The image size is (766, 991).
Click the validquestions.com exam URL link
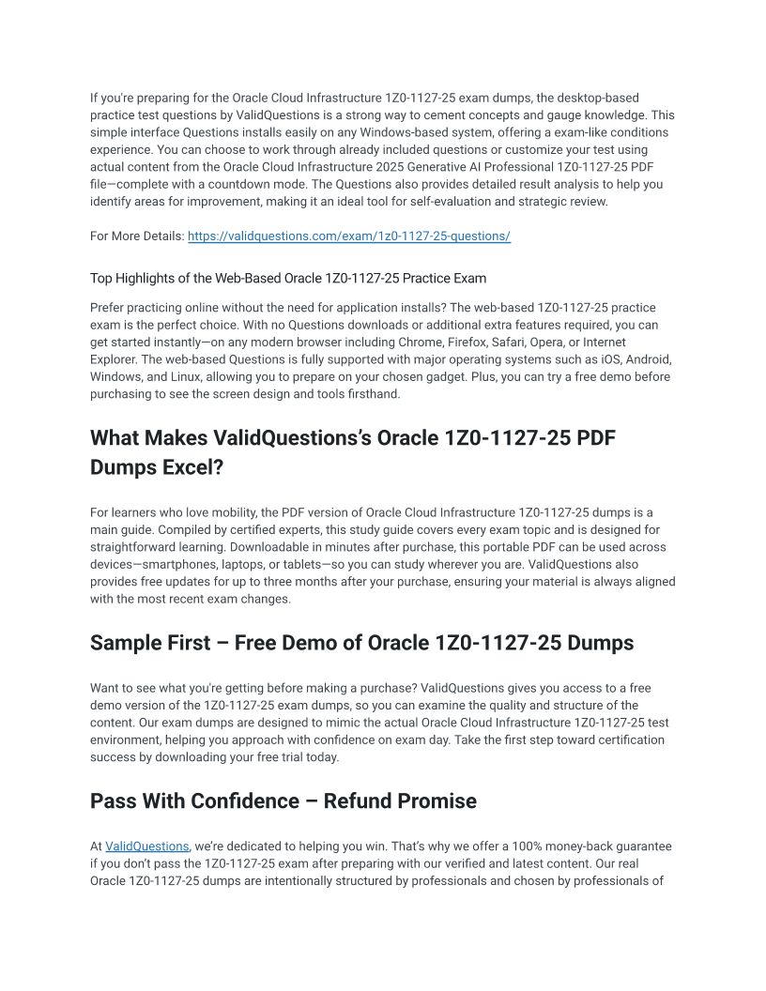[x=348, y=236]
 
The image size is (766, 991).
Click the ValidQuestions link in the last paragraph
[x=146, y=846]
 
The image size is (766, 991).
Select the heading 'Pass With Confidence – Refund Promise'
[x=283, y=801]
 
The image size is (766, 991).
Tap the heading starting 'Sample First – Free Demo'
[x=361, y=643]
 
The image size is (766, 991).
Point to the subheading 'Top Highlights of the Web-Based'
[x=287, y=278]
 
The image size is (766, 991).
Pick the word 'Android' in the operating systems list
[x=647, y=359]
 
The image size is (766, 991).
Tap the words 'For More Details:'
[x=137, y=236]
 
